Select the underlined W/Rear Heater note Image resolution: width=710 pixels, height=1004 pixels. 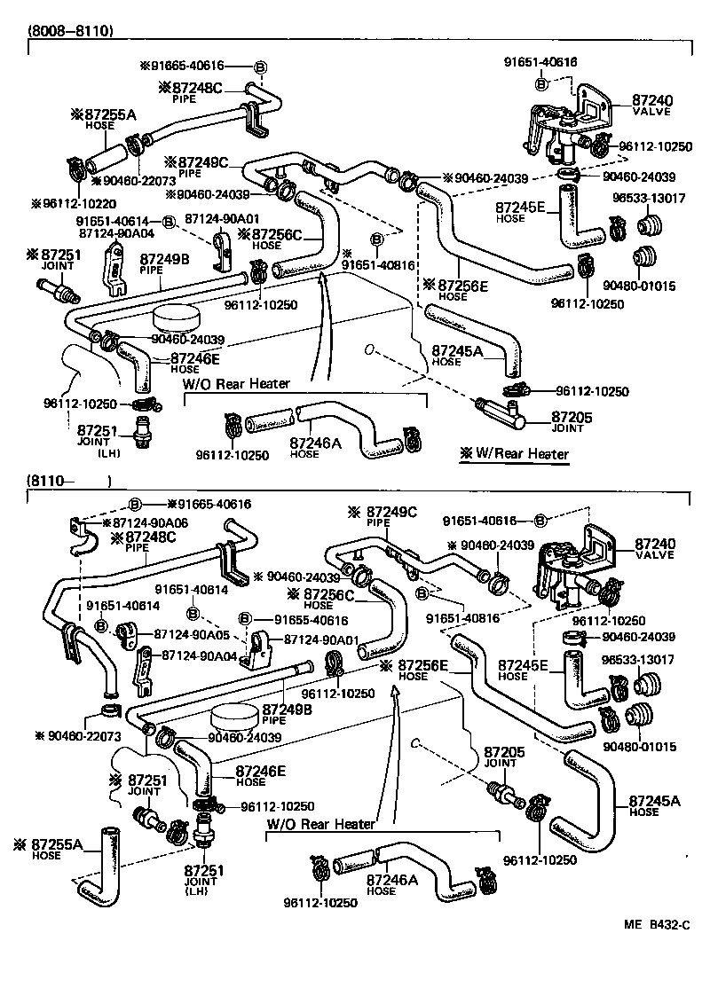(x=514, y=454)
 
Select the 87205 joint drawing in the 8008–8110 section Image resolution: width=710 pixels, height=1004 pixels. (x=501, y=410)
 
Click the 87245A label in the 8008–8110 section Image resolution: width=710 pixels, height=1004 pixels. (x=457, y=350)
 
